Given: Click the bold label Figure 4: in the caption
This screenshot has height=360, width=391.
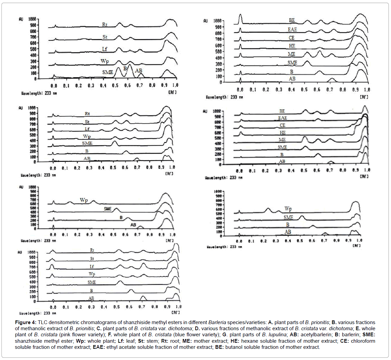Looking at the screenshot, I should point(26,322).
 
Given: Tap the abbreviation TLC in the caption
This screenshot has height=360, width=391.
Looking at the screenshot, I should point(43,322).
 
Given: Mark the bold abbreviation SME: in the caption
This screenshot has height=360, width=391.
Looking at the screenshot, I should point(369,335).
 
